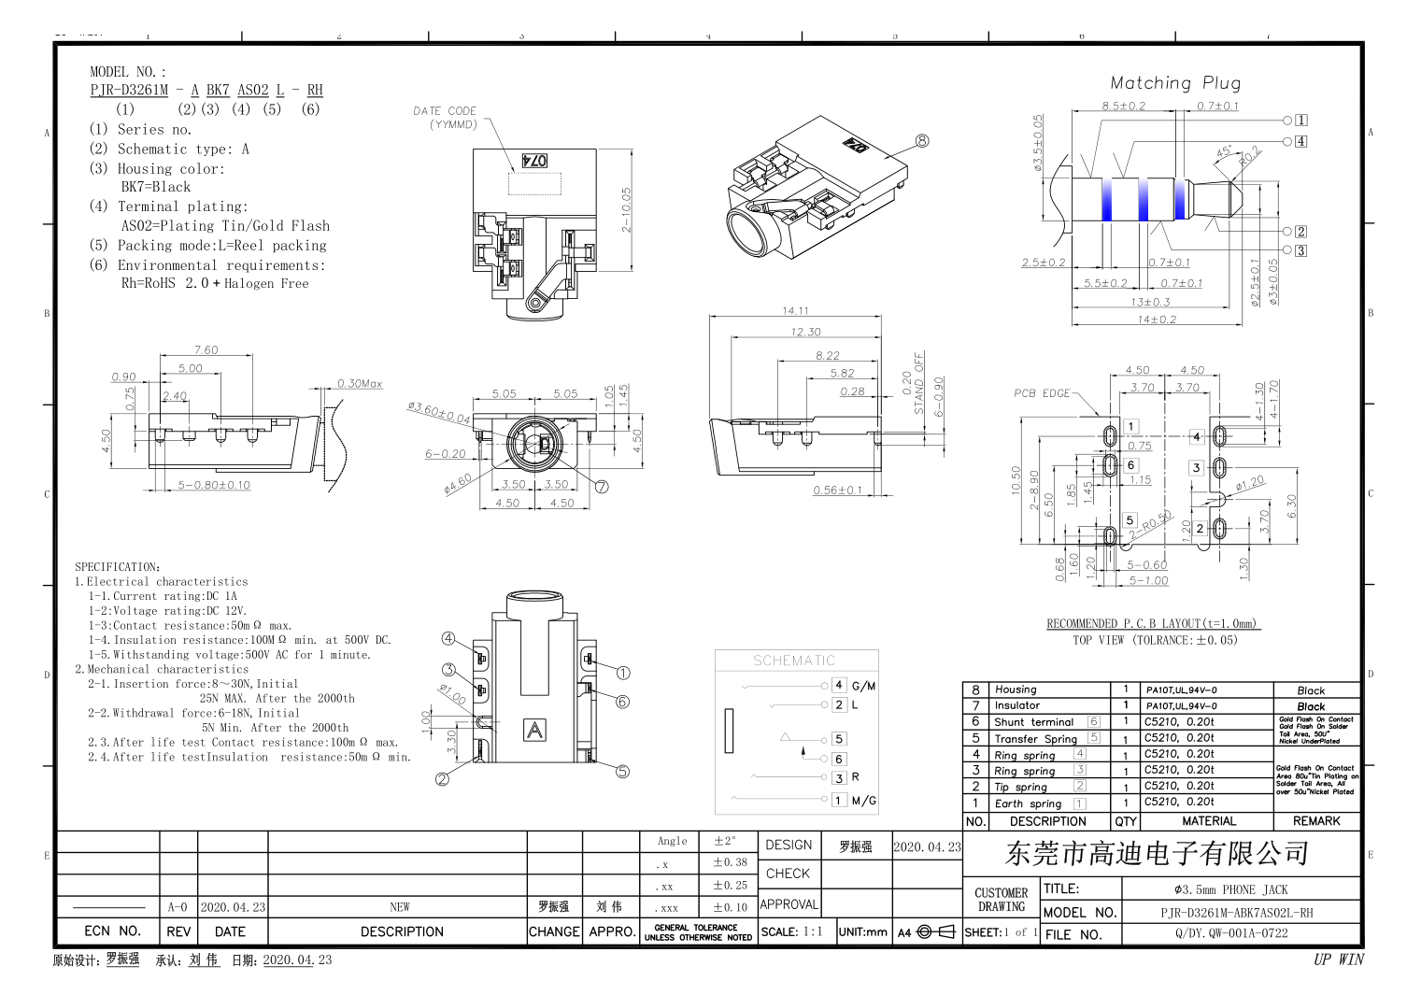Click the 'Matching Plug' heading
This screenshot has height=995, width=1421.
coord(1174,83)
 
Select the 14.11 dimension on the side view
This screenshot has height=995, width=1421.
coord(795,310)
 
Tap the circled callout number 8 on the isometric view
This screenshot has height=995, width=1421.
coord(922,141)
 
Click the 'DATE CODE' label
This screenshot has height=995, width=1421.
coord(445,111)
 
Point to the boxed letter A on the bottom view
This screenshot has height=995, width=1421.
coord(534,730)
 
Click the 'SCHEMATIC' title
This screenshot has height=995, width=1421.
coord(794,661)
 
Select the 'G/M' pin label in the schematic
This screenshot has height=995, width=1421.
coord(863,686)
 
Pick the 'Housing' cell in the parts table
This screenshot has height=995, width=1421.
coord(1016,689)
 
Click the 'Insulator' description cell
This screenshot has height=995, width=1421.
coord(1016,705)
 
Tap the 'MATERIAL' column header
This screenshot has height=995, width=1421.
coord(1208,821)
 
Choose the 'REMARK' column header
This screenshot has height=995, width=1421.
coord(1316,821)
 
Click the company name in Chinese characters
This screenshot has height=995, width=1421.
coord(1157,853)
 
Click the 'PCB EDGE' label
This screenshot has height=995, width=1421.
coord(1042,393)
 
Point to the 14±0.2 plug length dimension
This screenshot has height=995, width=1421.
coord(1157,320)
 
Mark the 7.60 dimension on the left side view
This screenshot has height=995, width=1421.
coord(206,350)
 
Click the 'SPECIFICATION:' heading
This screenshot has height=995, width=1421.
coord(118,567)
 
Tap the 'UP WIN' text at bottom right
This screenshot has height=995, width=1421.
coord(1338,959)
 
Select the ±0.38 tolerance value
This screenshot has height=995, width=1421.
coord(730,862)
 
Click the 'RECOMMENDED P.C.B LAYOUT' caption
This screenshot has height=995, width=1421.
coord(1152,624)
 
